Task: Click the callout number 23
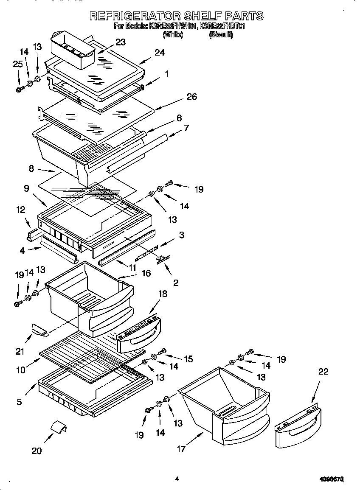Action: click(x=121, y=42)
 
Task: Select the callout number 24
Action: click(x=160, y=53)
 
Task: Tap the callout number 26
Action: click(x=192, y=97)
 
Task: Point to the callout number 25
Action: click(x=17, y=64)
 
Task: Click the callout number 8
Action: click(x=31, y=168)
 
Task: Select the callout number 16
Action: click(x=146, y=273)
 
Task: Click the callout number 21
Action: click(x=20, y=351)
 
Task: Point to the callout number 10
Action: click(x=21, y=370)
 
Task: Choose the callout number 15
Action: click(x=188, y=359)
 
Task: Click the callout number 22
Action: click(x=323, y=372)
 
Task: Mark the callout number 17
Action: click(x=181, y=449)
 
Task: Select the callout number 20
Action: click(x=37, y=451)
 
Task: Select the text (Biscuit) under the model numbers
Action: click(x=221, y=35)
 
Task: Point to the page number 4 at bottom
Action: click(x=177, y=479)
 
